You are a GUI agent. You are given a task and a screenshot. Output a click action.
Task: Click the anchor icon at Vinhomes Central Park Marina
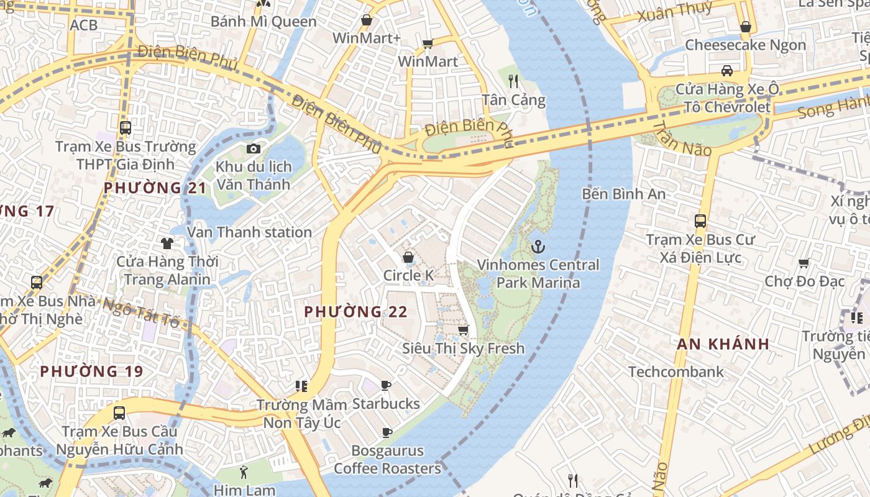coord(538,247)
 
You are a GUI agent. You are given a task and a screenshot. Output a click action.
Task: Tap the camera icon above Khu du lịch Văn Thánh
coord(253,148)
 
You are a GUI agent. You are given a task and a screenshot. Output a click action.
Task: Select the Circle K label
coord(408,275)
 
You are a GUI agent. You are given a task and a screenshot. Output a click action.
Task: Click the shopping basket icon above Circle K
coord(408,257)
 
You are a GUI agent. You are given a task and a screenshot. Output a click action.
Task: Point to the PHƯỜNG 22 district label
coord(356,312)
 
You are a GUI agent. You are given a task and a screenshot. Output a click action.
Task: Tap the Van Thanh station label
coord(249,232)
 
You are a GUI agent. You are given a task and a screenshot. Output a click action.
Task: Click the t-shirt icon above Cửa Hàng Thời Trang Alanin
coord(167,243)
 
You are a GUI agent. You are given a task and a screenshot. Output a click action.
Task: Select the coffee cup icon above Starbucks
coord(386,386)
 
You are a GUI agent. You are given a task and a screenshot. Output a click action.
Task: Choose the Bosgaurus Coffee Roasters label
coord(387,460)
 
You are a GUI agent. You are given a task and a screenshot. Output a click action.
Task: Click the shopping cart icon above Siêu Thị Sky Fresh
coord(463,330)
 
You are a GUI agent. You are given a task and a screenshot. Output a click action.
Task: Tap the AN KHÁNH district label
coord(723,344)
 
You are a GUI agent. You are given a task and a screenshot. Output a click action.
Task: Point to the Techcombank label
coord(675,372)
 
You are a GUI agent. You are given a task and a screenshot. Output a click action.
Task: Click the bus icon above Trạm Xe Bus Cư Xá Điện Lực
coord(700,221)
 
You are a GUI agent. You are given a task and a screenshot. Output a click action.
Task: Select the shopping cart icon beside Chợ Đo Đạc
coord(804,263)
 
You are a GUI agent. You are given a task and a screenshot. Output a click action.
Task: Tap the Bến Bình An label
coord(623,194)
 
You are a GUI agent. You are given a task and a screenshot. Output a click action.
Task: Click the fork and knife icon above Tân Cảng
coord(513,81)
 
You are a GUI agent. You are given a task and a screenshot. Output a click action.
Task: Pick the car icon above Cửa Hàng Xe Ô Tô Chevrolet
coord(726,70)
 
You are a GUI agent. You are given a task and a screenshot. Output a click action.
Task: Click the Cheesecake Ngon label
coord(745,45)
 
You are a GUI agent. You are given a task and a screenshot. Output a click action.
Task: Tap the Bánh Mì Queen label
coord(263,22)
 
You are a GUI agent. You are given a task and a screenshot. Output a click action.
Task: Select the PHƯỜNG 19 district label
coord(91,372)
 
